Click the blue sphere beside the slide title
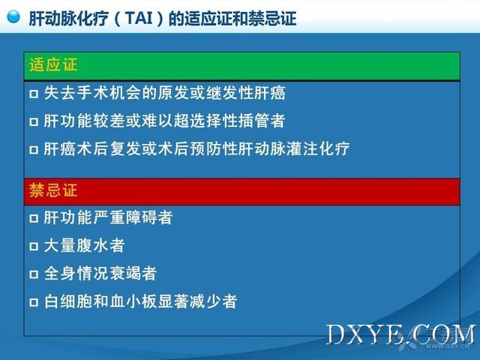tap(13, 16)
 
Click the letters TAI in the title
tap(139, 18)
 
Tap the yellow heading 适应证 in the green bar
tap(53, 65)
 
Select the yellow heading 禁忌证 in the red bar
tap(53, 190)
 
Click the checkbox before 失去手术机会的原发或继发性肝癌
tap(34, 94)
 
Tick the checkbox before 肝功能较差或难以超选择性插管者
tap(34, 121)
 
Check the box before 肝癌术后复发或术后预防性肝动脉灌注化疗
tap(34, 150)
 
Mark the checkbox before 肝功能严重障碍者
tap(34, 218)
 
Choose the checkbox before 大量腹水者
tap(34, 247)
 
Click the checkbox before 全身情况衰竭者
tap(34, 274)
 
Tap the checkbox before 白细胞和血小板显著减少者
tap(34, 302)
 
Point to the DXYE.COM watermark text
tap(401, 334)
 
